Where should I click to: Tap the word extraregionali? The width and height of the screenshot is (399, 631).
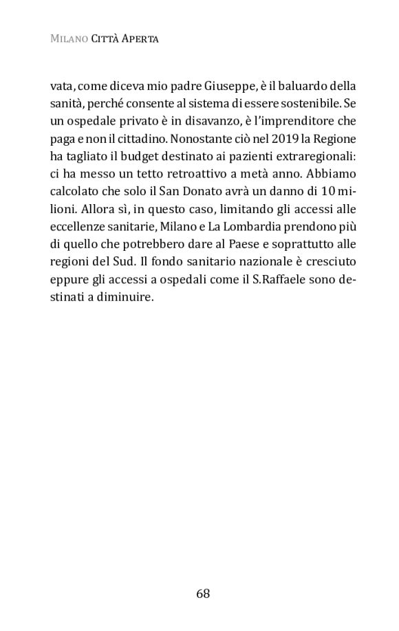coord(312,157)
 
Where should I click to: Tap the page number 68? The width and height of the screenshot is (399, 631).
coord(202,593)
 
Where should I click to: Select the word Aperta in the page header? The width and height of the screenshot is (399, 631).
coord(140,39)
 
